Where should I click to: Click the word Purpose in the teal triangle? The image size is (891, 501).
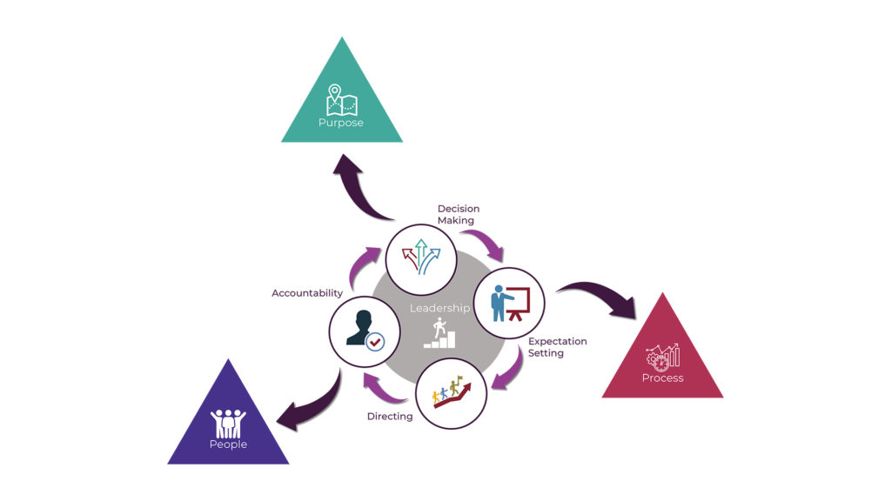[341, 123]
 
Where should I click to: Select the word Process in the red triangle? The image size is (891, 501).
[662, 377]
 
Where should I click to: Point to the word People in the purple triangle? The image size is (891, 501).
[228, 444]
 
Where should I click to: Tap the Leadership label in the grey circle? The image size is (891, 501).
[439, 308]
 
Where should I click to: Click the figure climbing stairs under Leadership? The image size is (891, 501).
[439, 333]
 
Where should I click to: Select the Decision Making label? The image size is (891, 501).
[458, 215]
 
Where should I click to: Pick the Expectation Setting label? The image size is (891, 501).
[557, 347]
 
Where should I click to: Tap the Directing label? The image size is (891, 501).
[390, 417]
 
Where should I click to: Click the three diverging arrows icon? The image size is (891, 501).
[421, 257]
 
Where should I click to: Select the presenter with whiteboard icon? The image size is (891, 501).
[511, 303]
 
